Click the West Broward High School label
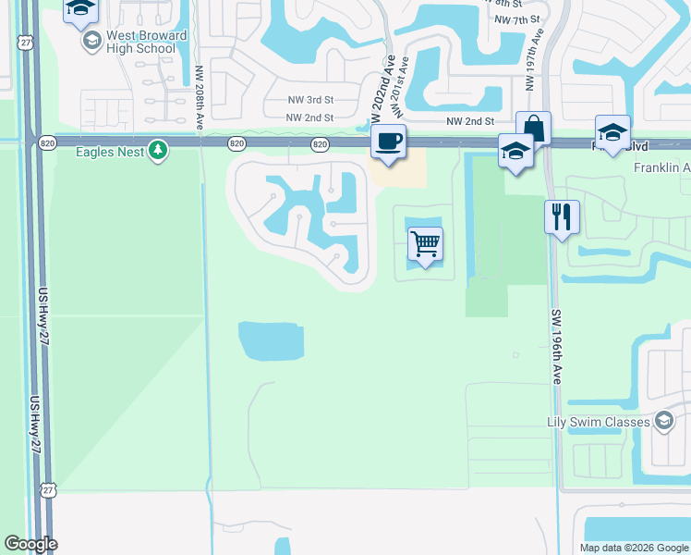[147, 42]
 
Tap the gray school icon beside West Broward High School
[91, 42]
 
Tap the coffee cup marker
[388, 142]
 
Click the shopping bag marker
[533, 128]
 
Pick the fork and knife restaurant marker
[562, 217]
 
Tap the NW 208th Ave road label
[200, 96]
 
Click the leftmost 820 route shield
[47, 142]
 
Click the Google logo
[30, 544]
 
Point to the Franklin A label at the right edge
[661, 167]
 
